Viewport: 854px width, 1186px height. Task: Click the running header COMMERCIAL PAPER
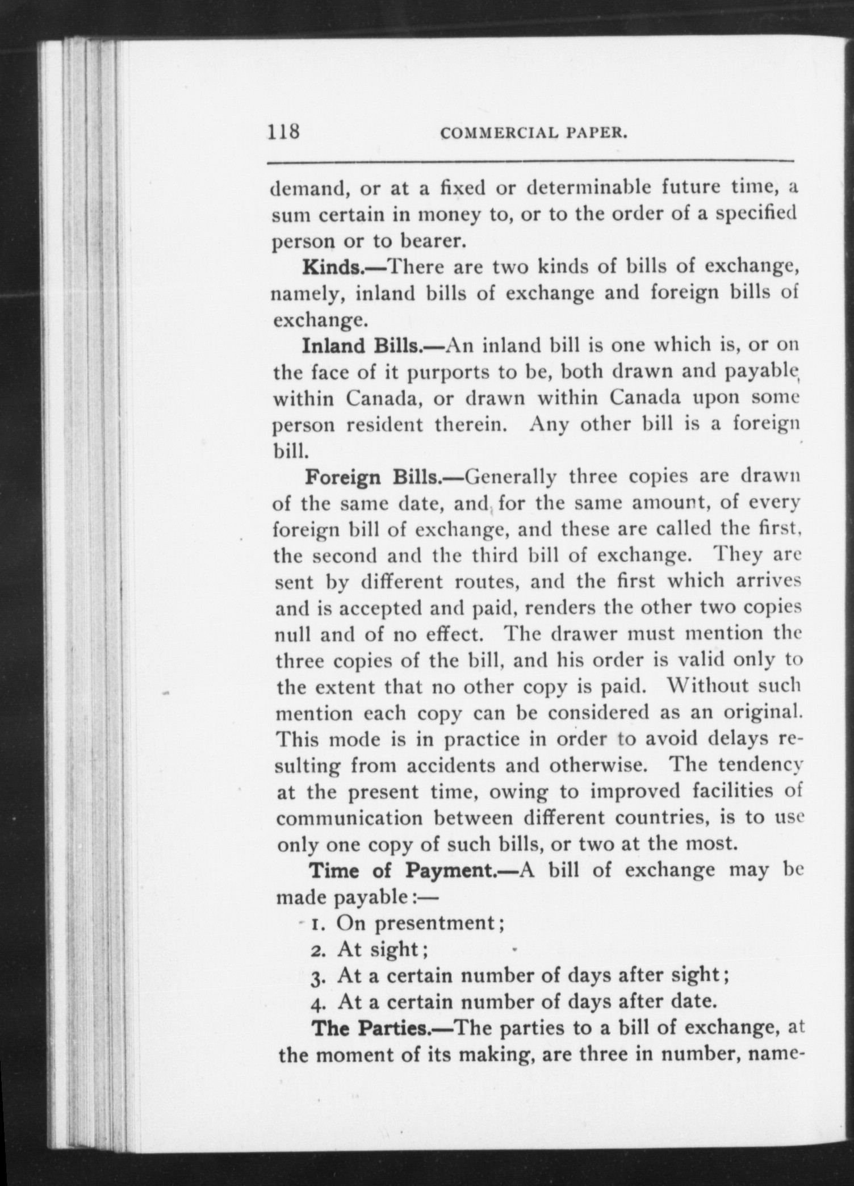534,133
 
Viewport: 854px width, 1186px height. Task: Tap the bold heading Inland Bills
372,345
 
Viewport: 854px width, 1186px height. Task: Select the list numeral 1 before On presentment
316,924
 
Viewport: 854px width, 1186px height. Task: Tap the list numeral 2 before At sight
317,950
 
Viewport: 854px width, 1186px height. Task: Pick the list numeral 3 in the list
317,977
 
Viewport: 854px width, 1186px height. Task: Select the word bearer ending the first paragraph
434,241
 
